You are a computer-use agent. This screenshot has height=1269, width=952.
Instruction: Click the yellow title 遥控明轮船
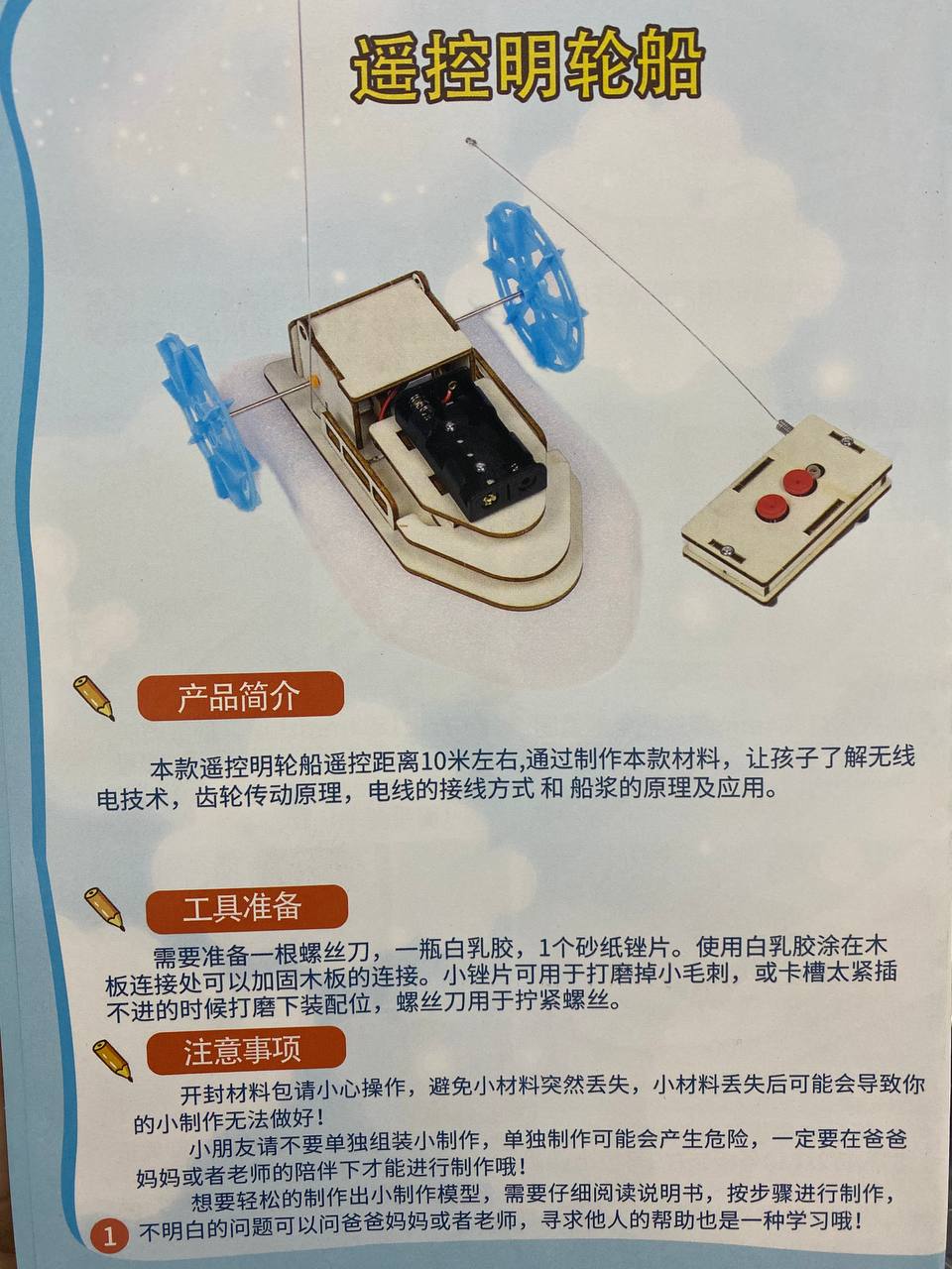528,71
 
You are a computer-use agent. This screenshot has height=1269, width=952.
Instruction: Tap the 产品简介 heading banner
240,697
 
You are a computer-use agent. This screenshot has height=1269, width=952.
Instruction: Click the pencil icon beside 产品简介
93,698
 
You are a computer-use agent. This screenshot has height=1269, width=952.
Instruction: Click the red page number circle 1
109,1235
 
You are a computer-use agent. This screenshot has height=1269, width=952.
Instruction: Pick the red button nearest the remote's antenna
795,482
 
